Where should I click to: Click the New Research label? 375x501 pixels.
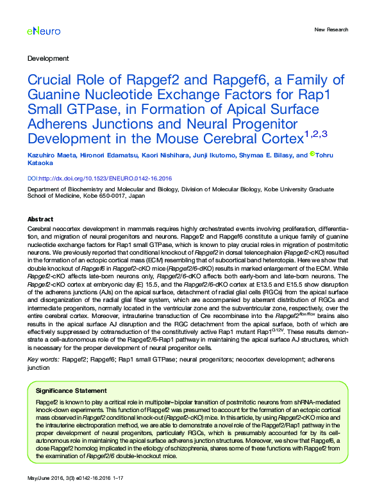coord(331,29)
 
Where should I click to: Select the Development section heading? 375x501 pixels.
coord(48,58)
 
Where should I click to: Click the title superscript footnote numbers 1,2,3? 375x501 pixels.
coord(315,133)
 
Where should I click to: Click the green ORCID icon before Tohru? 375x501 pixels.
coord(312,154)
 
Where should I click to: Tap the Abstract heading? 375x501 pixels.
coord(40,218)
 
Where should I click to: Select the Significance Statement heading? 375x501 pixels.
coord(71,390)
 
